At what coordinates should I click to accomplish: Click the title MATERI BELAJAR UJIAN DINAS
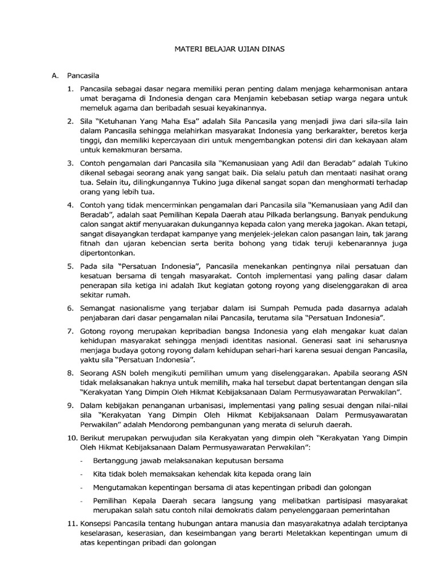[x=229, y=50]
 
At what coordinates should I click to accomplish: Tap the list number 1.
[x=70, y=90]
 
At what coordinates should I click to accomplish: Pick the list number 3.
[x=70, y=163]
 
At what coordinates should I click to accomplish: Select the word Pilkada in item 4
[x=265, y=216]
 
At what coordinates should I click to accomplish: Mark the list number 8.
[x=70, y=372]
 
